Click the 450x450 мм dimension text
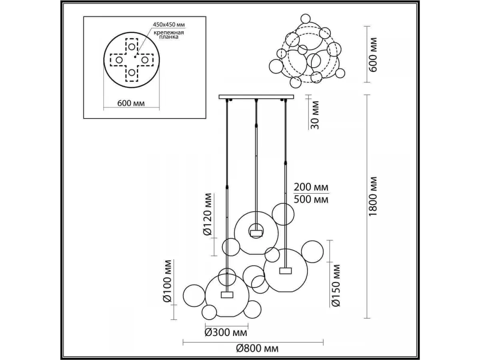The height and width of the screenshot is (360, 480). [169, 24]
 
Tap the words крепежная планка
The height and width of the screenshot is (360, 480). [169, 35]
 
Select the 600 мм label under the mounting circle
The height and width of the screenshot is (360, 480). [131, 103]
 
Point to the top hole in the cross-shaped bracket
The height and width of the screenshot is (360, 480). [132, 46]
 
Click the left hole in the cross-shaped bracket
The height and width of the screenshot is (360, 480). [119, 60]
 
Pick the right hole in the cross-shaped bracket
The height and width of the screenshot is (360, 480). [145, 60]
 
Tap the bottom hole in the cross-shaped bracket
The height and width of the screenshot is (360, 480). [132, 72]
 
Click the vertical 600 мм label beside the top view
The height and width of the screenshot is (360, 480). [373, 55]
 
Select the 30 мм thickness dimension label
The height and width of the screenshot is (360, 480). [315, 115]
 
